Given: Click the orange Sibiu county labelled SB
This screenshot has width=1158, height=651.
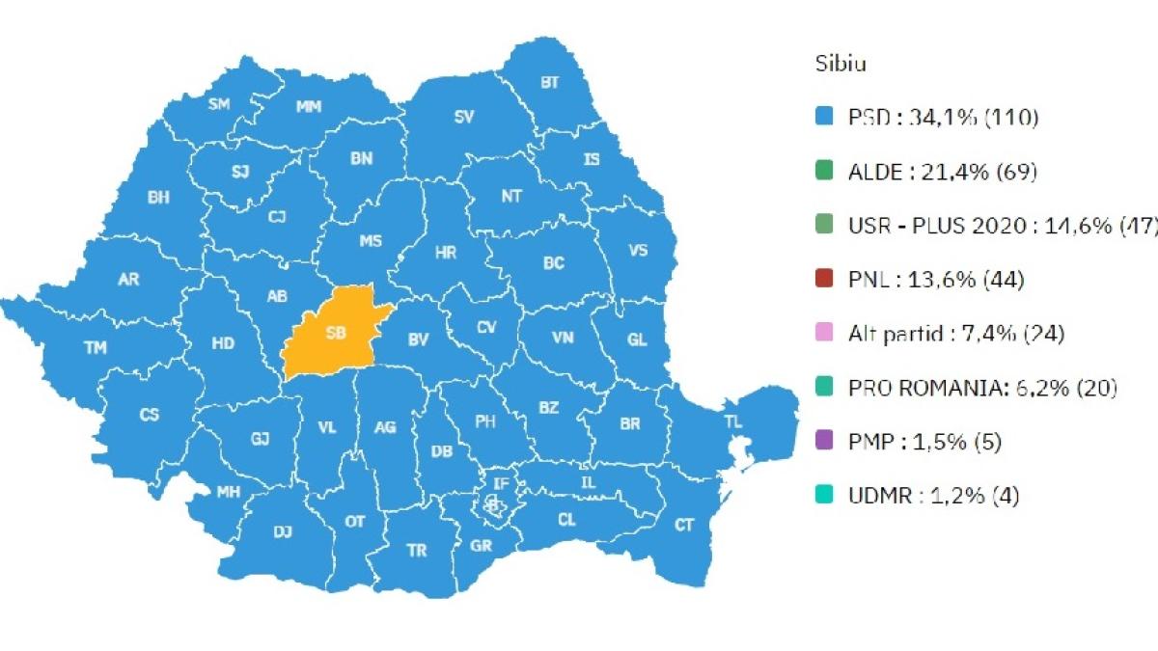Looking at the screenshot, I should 333,333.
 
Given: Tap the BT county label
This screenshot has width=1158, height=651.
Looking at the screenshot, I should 549,83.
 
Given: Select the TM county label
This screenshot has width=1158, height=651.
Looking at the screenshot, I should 96,348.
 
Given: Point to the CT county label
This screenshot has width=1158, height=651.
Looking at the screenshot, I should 684,525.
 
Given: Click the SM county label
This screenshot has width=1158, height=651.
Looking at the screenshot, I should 219,104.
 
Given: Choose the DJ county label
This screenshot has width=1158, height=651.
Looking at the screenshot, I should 283,531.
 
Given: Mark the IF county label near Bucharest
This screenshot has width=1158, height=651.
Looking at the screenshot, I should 501,482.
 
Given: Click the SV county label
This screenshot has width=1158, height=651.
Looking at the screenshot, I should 464,117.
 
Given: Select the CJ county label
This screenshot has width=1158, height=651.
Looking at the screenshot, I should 278,217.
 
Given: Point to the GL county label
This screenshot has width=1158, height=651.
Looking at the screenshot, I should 637,340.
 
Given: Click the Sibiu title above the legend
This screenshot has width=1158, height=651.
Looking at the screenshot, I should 840,65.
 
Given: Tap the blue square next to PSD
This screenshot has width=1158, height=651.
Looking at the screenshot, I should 823,119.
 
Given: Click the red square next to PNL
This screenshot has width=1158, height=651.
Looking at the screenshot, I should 823,281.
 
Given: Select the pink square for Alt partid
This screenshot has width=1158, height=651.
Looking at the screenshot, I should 823,335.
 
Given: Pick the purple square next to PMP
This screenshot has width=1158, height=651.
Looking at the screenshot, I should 823,443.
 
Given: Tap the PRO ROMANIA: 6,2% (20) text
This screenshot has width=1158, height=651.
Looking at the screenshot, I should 982,389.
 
